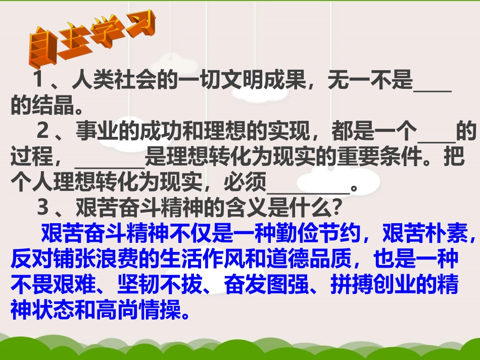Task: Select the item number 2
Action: pos(43,132)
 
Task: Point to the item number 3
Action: pos(43,208)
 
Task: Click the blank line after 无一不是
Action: pos(432,83)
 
